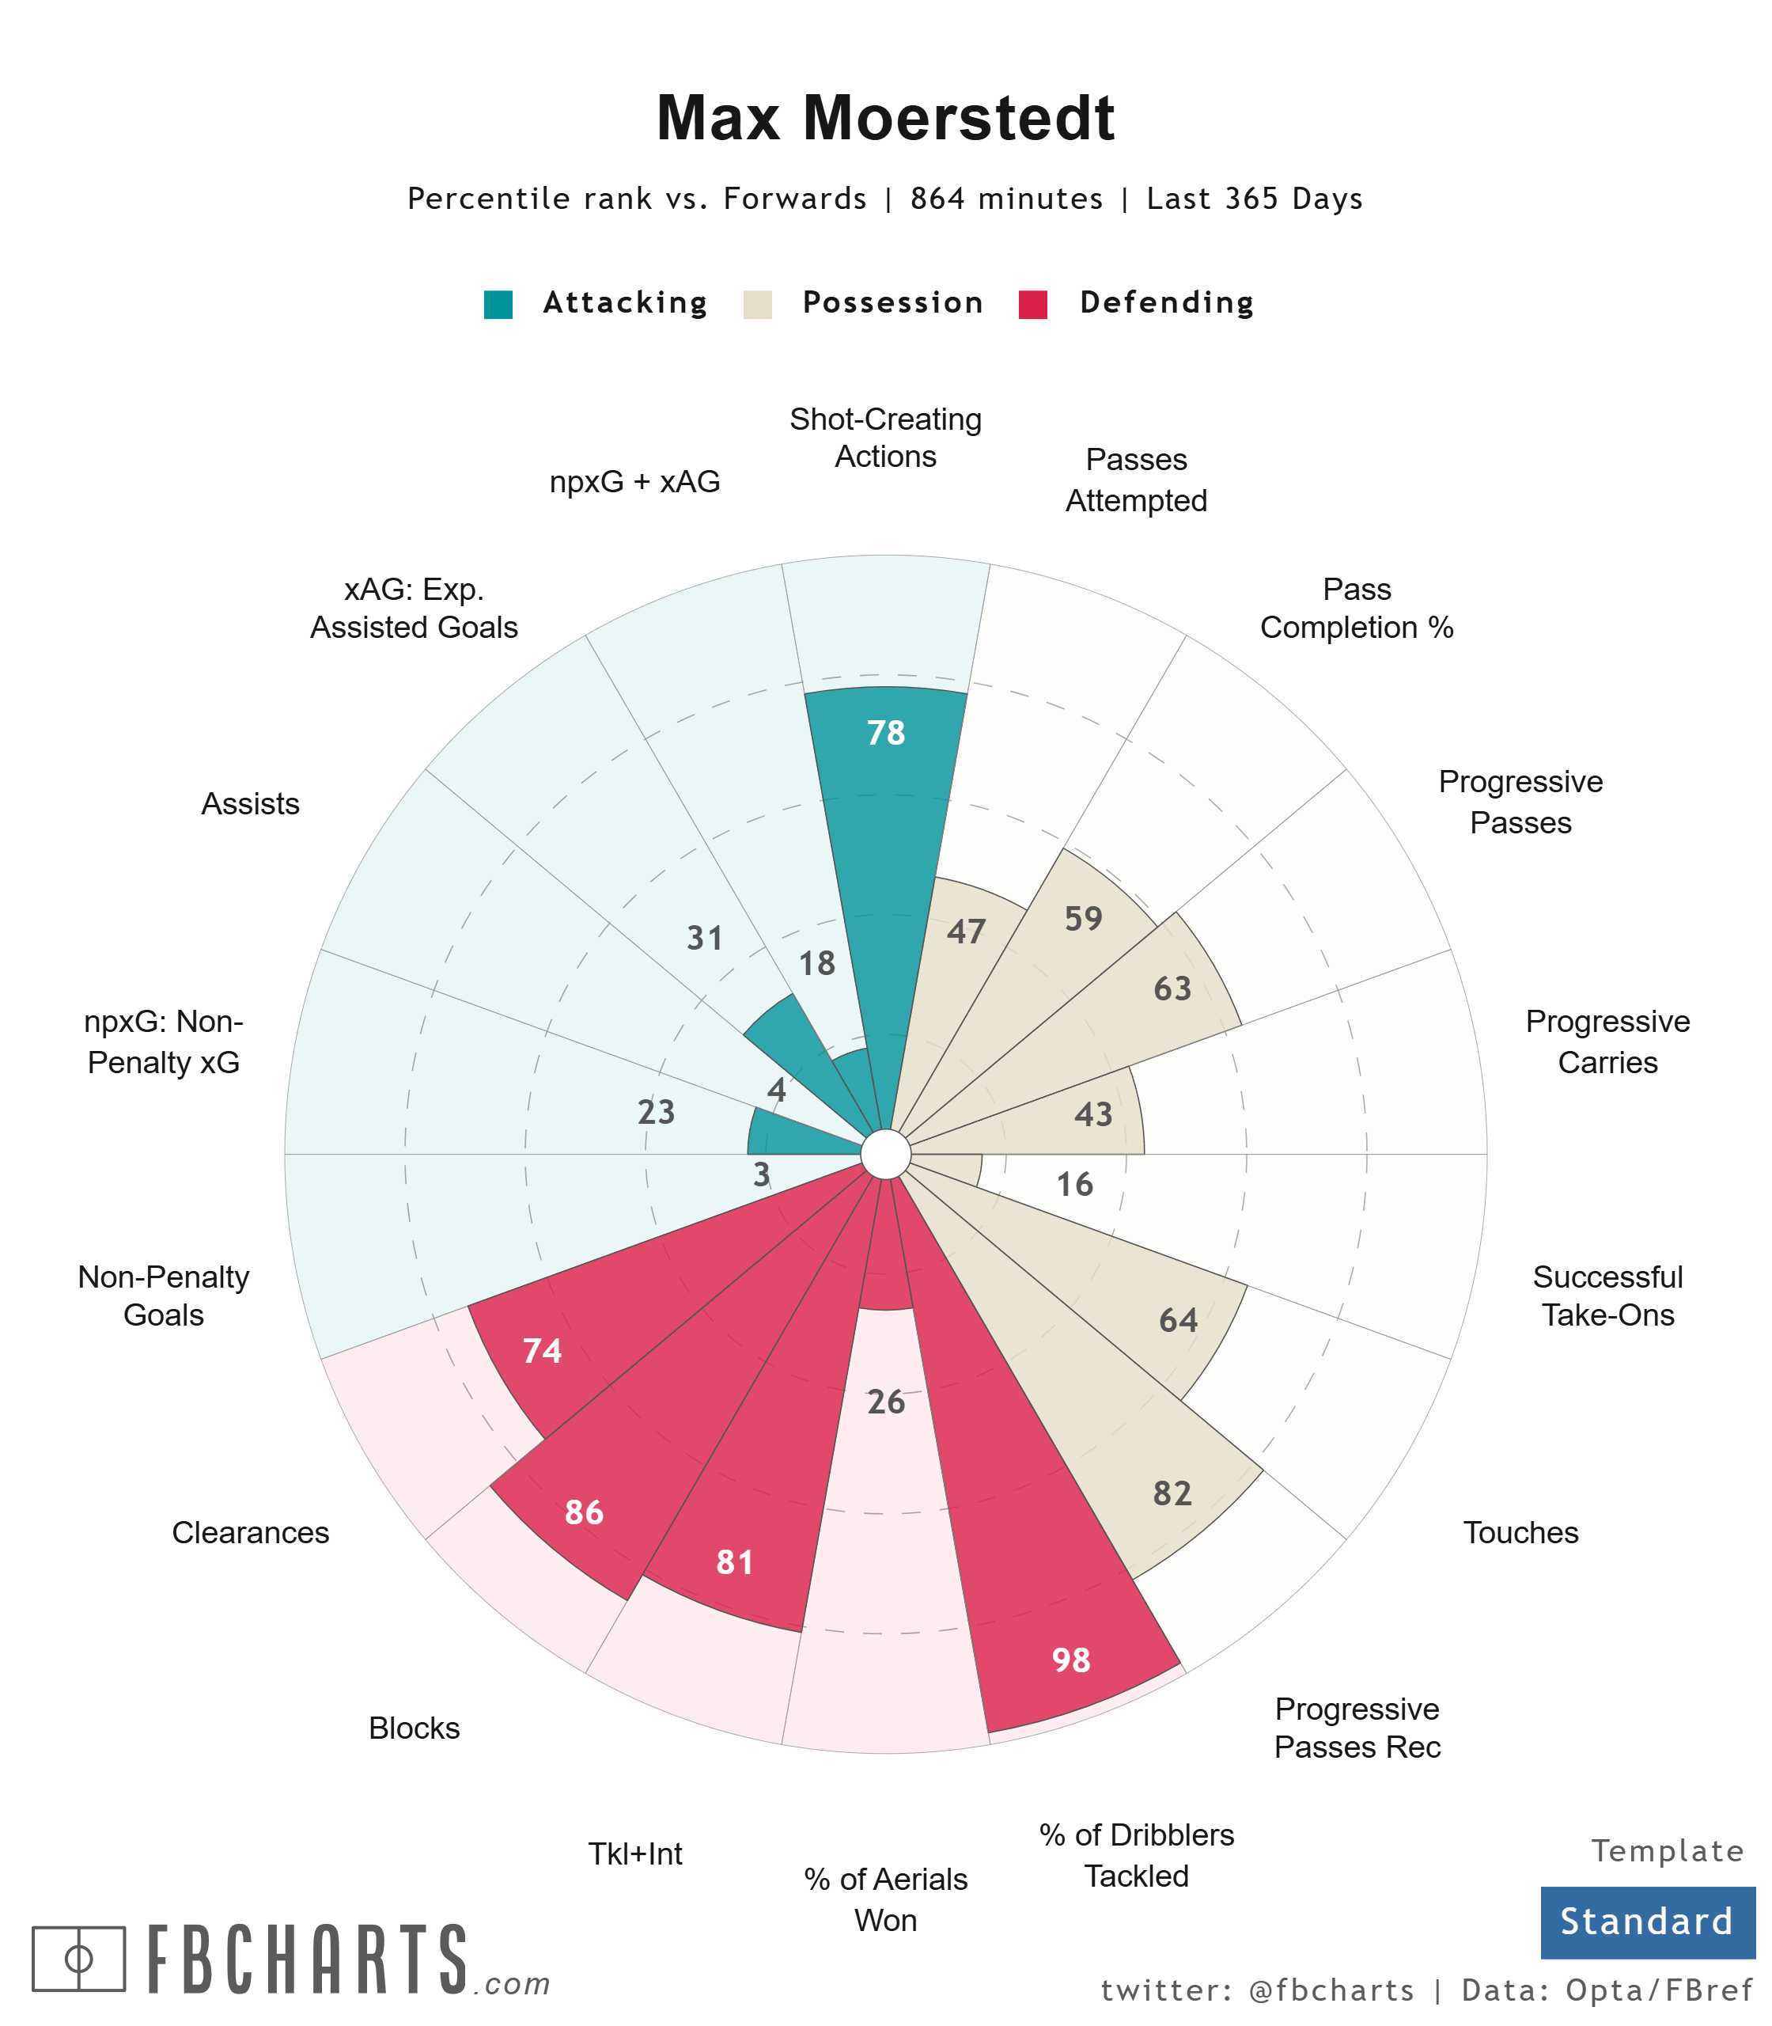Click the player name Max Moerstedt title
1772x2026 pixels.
tap(885, 118)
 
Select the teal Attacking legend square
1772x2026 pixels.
tap(498, 304)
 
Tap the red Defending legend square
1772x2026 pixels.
tap(1032, 304)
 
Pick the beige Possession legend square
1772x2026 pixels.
tap(758, 304)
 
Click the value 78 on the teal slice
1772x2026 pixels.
tap(886, 733)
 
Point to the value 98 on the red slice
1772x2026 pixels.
tap(1071, 1660)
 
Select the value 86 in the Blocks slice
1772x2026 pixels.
tap(584, 1512)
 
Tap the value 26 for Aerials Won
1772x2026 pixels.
tap(886, 1402)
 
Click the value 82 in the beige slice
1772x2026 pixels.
tap(1172, 1493)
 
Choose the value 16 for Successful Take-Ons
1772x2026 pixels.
tap(1075, 1184)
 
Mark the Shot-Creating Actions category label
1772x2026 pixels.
tap(885, 437)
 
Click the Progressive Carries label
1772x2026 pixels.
tap(1607, 1041)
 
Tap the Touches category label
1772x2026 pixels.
tap(1520, 1532)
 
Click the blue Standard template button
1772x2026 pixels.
tap(1646, 1922)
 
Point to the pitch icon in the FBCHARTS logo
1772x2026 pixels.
tap(79, 1959)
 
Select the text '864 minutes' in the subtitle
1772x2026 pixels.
tap(1006, 199)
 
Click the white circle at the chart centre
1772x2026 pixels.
tap(886, 1155)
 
